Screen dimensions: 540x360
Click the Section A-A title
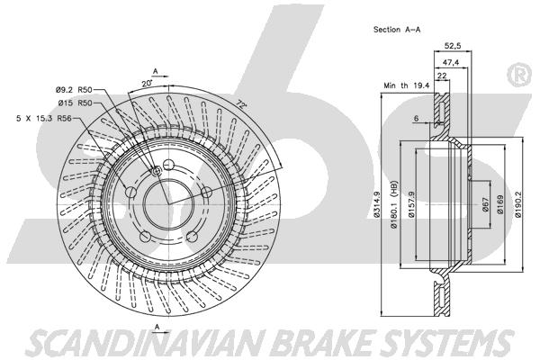(397, 30)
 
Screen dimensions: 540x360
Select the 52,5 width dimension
(453, 45)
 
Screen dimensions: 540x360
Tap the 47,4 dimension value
(451, 62)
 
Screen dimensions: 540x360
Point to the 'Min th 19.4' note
(407, 85)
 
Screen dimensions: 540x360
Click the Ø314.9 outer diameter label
(376, 204)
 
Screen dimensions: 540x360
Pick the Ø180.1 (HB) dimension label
(394, 204)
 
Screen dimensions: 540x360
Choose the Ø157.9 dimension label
(411, 204)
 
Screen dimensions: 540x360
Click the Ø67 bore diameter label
(485, 204)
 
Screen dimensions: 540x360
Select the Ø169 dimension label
(500, 204)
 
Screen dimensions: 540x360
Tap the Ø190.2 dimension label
(518, 204)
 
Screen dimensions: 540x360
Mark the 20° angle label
(147, 84)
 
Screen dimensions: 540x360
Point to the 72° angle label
(242, 104)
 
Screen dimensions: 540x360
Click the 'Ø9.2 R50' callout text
(74, 90)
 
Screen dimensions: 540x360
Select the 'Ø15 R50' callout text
(75, 103)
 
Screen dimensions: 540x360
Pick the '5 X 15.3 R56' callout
(44, 119)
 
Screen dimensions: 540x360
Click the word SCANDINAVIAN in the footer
(148, 342)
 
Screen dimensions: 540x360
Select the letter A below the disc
(157, 325)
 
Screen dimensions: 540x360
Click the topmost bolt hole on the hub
(168, 165)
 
